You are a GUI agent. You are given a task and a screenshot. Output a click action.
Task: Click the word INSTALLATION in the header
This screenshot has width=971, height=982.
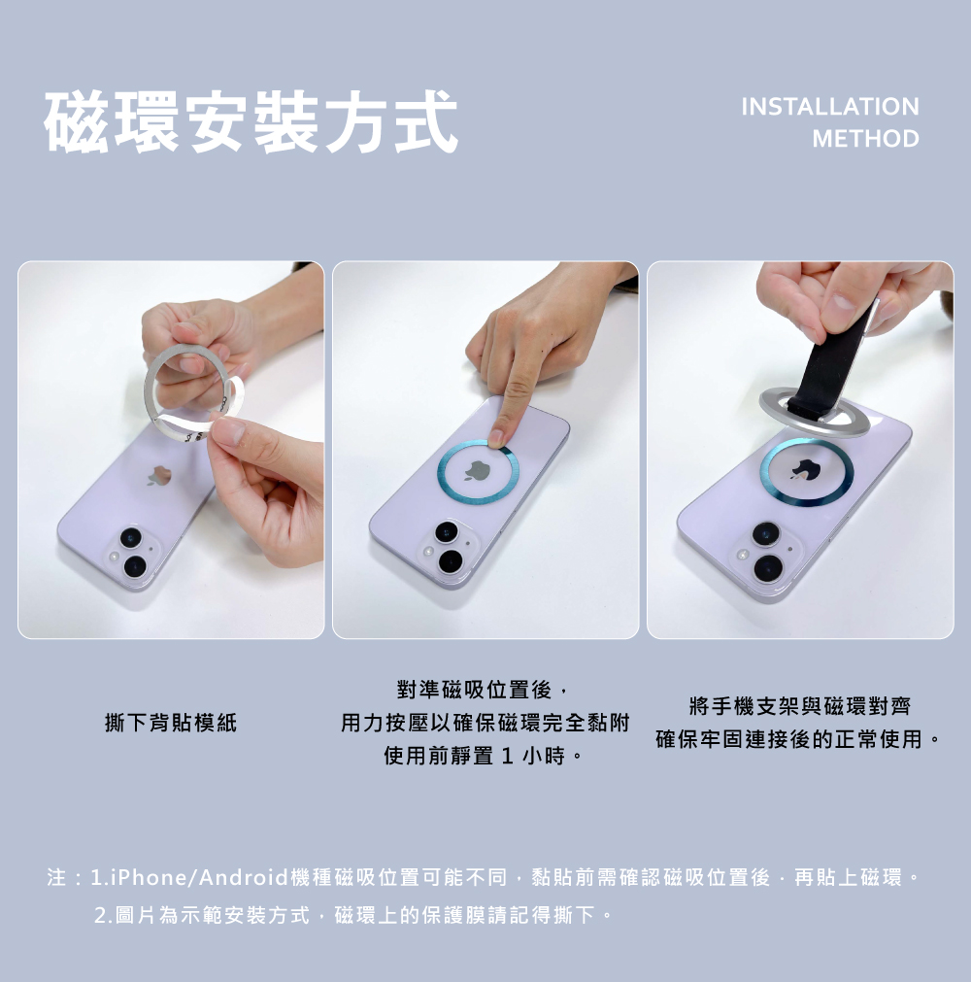(830, 107)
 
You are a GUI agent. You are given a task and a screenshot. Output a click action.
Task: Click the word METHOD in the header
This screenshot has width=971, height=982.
(866, 138)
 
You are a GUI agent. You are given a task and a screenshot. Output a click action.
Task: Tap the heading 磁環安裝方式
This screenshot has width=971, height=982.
(251, 121)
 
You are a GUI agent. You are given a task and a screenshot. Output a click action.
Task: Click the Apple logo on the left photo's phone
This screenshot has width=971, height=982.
(159, 476)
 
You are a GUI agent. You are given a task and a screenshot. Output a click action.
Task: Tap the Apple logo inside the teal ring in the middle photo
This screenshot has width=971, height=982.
(477, 470)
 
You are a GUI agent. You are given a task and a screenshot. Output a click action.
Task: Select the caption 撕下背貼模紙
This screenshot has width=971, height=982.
(171, 723)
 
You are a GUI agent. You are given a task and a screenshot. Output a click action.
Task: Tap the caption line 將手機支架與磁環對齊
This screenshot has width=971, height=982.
(799, 706)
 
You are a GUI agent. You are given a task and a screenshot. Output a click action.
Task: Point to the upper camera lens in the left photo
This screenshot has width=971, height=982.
(131, 538)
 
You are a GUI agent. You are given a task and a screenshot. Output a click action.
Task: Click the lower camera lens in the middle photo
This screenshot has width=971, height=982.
(451, 561)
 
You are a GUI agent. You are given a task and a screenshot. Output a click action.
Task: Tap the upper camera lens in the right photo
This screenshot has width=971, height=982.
(766, 534)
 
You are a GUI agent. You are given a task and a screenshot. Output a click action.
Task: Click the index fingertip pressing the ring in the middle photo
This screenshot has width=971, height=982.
(498, 438)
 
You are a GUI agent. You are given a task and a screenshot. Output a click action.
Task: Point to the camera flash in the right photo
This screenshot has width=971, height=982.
(743, 555)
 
